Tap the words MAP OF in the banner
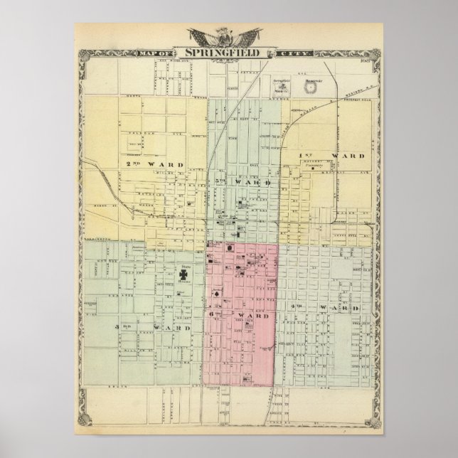point(165,53)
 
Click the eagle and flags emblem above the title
point(225,36)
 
